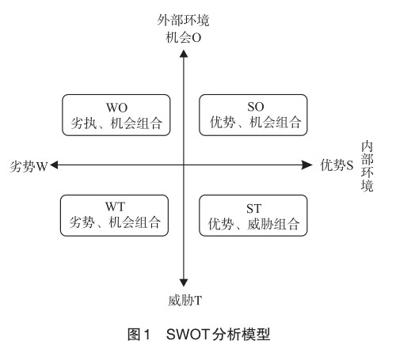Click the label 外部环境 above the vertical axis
[183, 20]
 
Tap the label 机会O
[183, 38]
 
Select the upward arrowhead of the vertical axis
[184, 54]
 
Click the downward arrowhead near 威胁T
[184, 283]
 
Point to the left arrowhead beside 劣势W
[54, 165]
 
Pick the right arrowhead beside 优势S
[307, 165]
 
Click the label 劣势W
[29, 166]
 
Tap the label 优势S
[337, 165]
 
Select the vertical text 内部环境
[367, 166]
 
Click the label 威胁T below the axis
[185, 301]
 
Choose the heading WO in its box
[116, 108]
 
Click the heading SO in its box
[255, 107]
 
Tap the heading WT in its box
[115, 207]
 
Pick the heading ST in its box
[253, 209]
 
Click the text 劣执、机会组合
[116, 123]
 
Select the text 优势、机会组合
[255, 123]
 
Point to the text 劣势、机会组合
[115, 222]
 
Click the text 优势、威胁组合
[253, 224]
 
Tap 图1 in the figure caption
[139, 335]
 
